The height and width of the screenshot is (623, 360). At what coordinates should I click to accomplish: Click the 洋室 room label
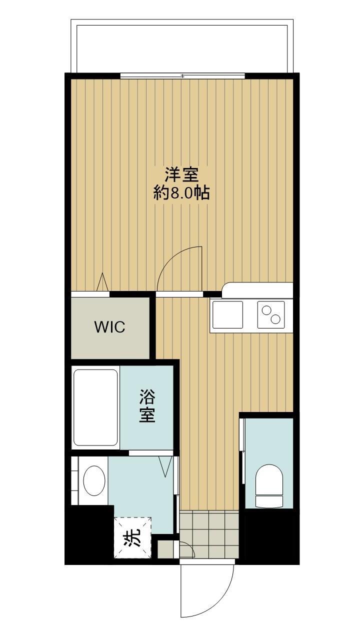182,175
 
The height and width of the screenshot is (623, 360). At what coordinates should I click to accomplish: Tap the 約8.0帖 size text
181,193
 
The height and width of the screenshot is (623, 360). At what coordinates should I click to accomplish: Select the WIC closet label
110,327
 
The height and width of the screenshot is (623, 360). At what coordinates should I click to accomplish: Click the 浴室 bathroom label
147,405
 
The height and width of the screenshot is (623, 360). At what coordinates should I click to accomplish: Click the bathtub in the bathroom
95,407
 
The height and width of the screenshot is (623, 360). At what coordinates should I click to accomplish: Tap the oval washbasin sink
94,481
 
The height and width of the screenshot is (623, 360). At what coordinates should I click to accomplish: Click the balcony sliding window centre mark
182,76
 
